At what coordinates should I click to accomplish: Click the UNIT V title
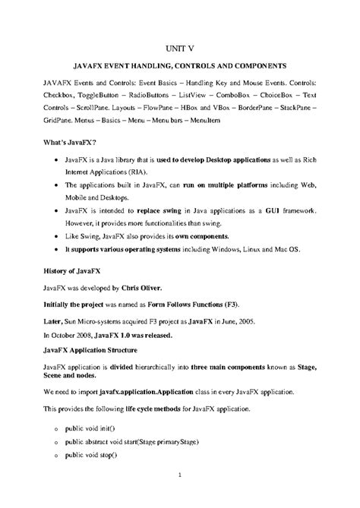click(180, 46)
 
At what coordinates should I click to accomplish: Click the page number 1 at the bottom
click(180, 476)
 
